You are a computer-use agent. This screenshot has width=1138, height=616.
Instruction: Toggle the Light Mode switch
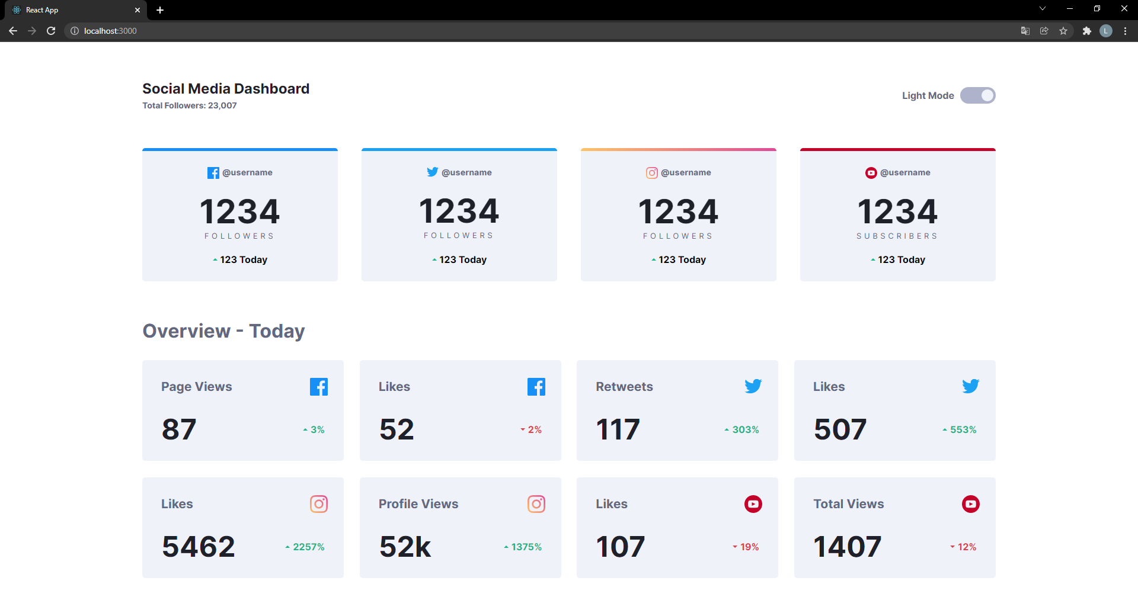point(977,95)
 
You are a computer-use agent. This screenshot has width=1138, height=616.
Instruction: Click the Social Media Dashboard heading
point(226,89)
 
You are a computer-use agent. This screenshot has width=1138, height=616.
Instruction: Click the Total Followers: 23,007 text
point(189,105)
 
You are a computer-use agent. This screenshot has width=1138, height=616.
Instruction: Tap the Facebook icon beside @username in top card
point(213,173)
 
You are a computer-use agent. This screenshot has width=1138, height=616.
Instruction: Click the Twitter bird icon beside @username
point(432,172)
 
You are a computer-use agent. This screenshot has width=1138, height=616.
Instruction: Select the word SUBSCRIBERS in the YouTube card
point(897,236)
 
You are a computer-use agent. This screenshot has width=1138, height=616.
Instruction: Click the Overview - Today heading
point(223,331)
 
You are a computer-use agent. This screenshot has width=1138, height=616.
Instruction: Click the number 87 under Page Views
point(178,429)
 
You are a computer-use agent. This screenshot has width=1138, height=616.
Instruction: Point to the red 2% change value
point(534,429)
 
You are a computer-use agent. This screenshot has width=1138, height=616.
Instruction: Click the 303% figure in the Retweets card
point(745,429)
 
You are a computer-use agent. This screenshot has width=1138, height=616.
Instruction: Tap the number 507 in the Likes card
point(840,429)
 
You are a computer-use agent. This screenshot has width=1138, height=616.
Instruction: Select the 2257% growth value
point(308,547)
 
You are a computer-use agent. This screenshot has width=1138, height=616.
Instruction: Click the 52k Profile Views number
point(405,546)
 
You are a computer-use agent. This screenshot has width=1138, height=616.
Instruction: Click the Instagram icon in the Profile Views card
point(536,504)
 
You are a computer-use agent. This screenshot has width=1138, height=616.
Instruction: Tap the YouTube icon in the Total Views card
point(970,504)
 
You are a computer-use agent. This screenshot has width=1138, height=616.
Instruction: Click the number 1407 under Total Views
point(847,546)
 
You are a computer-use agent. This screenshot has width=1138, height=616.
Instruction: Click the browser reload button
point(51,31)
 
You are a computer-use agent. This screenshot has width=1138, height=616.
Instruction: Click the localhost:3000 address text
point(110,31)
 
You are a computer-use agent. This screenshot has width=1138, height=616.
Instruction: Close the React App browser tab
point(138,10)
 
